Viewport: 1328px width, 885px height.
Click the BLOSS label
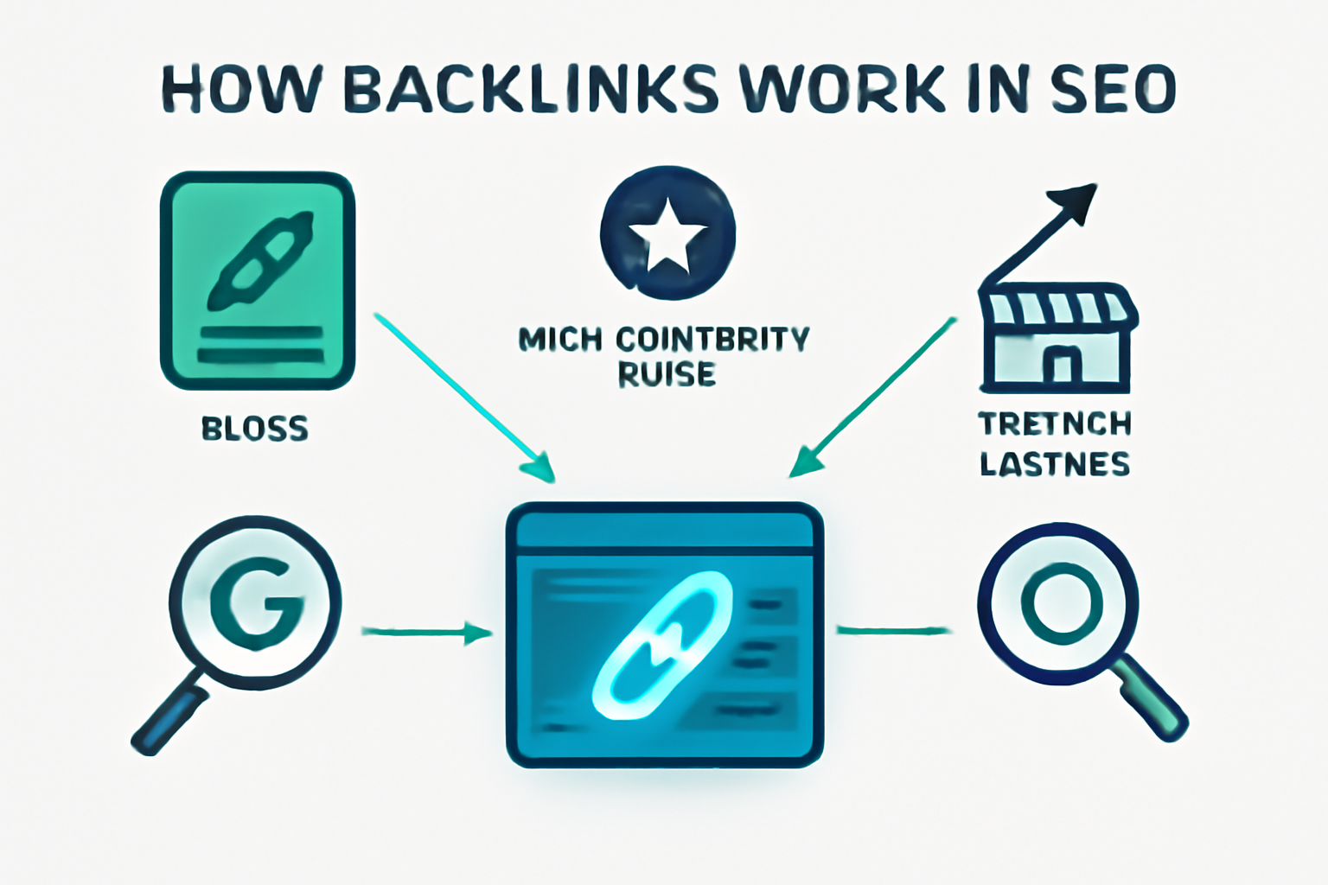coord(254,429)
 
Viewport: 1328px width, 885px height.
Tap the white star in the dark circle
coord(667,235)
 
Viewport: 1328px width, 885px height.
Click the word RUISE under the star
coord(667,375)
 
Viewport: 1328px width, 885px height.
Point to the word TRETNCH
coord(1055,424)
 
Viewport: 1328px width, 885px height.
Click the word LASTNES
coord(1055,465)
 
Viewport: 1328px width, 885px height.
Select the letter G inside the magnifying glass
coord(256,602)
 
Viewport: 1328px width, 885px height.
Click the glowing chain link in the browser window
coord(661,644)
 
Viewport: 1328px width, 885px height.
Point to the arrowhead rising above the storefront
coord(1076,201)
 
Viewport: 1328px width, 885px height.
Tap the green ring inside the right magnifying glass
coord(1061,601)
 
